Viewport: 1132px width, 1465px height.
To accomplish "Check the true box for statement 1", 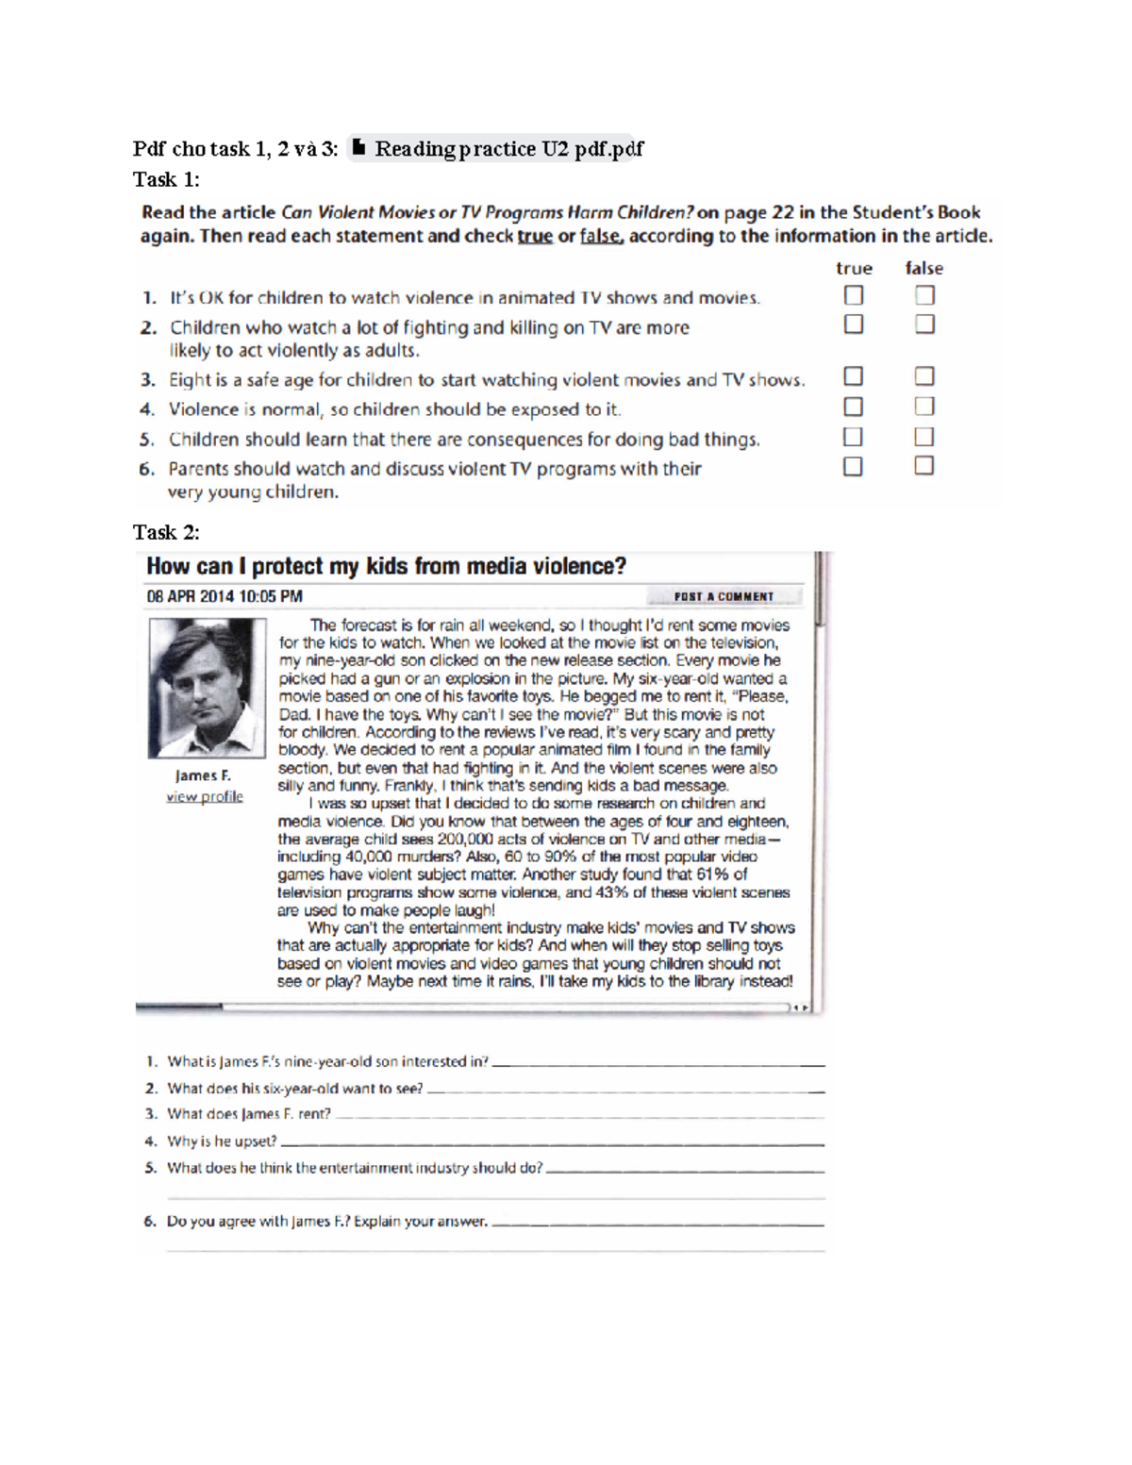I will pyautogui.click(x=854, y=295).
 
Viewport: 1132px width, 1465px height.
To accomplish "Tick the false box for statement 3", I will pyautogui.click(x=924, y=376).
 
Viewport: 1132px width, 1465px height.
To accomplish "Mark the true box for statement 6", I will pyautogui.click(x=853, y=466).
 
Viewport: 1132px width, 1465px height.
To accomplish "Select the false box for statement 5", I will pyautogui.click(x=924, y=437).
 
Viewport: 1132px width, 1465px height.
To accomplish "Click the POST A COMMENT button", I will pyautogui.click(x=724, y=596).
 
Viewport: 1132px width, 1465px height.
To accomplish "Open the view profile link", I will pyautogui.click(x=204, y=797).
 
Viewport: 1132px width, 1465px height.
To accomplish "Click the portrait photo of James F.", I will pyautogui.click(x=207, y=688).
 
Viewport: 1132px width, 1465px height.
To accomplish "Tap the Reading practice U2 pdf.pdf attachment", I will pyautogui.click(x=497, y=148).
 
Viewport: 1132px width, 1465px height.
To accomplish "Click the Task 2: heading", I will pyautogui.click(x=166, y=532).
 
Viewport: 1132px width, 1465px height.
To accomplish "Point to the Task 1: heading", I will pyautogui.click(x=166, y=179).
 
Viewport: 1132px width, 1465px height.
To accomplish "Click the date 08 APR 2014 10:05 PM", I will pyautogui.click(x=225, y=596).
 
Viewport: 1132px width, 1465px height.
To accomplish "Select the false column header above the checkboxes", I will pyautogui.click(x=924, y=268).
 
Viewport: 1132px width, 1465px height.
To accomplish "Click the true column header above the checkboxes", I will pyautogui.click(x=854, y=268).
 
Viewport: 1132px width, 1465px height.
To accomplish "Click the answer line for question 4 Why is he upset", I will pyautogui.click(x=552, y=1143).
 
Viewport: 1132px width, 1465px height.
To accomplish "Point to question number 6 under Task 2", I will pyautogui.click(x=150, y=1221).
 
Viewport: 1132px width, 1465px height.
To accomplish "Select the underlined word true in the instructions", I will pyautogui.click(x=535, y=236).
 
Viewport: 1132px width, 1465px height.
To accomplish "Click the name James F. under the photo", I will pyautogui.click(x=203, y=775).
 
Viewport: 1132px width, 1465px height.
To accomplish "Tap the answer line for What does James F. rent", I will pyautogui.click(x=579, y=1116).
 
